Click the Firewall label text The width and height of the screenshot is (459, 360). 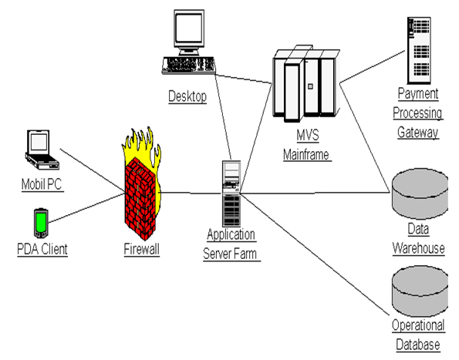[x=141, y=250]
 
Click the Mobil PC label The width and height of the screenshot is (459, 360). [x=42, y=185]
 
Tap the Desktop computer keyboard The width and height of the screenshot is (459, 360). [x=189, y=65]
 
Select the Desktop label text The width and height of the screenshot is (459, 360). [x=187, y=96]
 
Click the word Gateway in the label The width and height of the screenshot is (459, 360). [x=418, y=133]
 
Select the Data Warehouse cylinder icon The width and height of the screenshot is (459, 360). [x=419, y=193]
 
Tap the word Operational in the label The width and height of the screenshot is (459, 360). [x=417, y=328]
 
